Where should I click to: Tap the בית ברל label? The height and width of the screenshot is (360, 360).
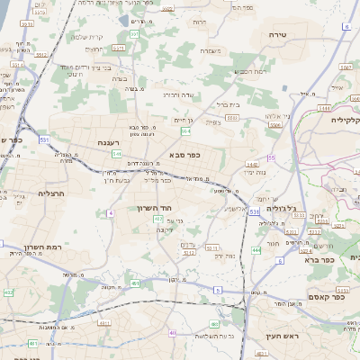click(227, 104)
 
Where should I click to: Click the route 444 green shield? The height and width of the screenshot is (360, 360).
click(256, 249)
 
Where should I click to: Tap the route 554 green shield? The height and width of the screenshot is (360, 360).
click(184, 130)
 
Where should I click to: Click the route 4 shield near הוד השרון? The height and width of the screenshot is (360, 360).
click(111, 212)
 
